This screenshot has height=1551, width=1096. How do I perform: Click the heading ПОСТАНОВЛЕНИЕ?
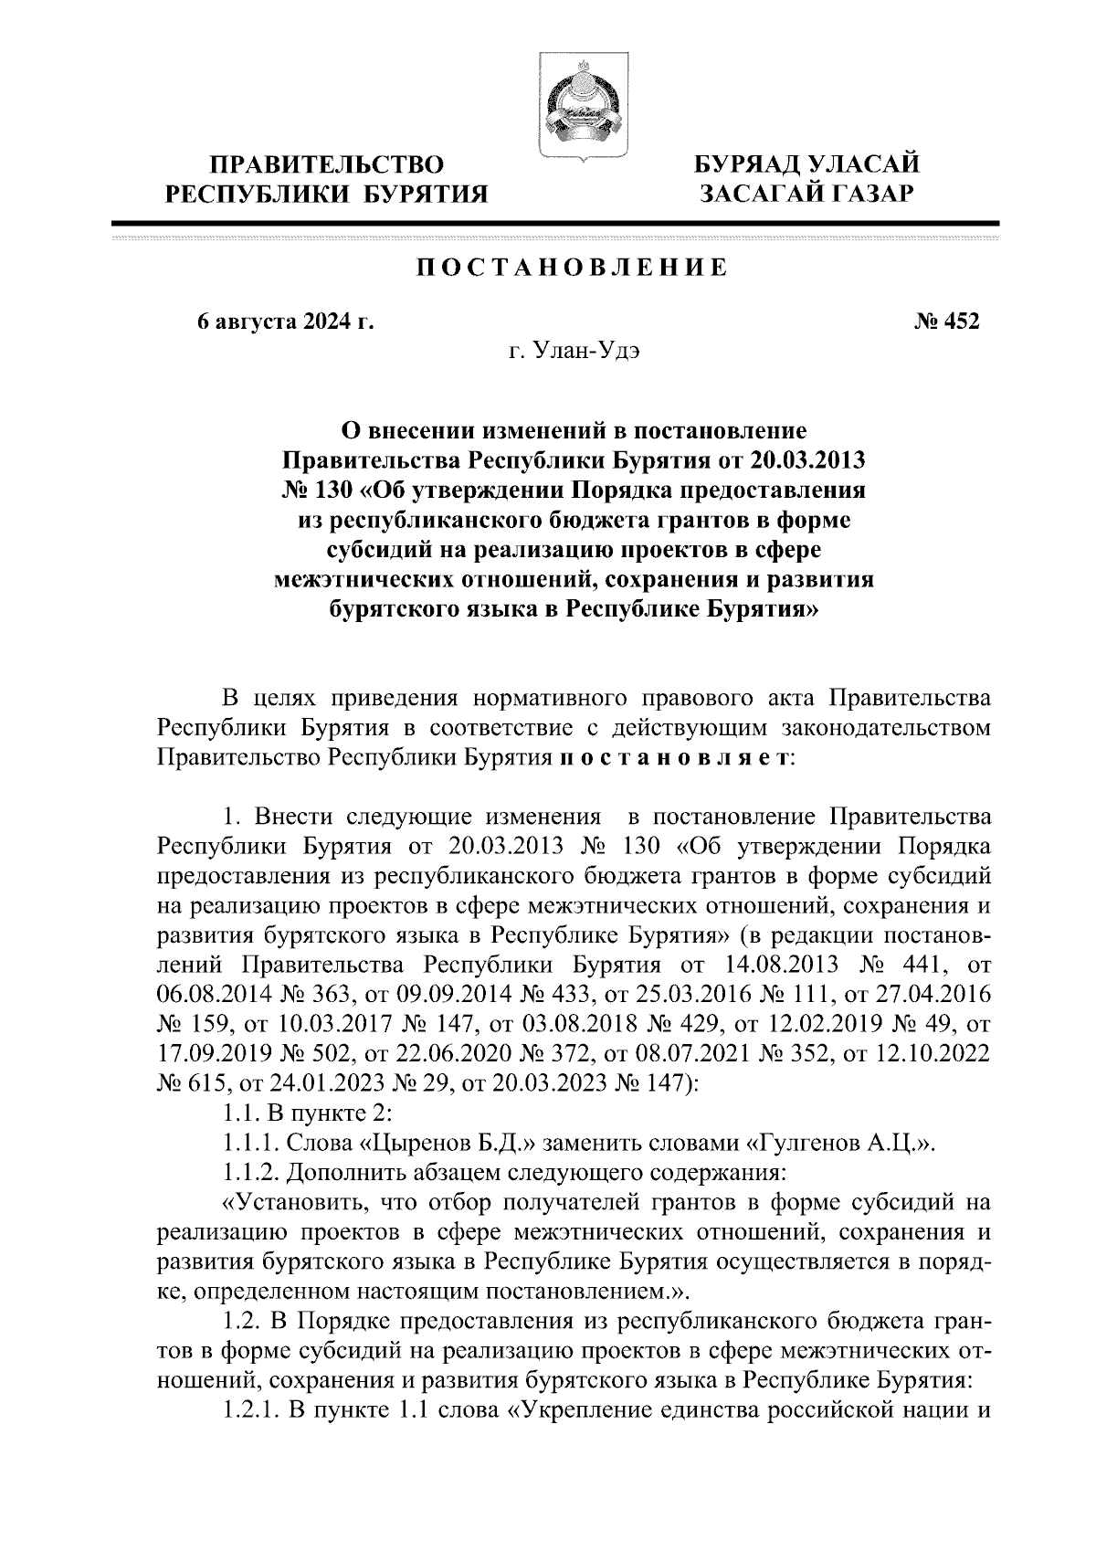pos(573,268)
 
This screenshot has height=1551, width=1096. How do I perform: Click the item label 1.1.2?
pos(251,1172)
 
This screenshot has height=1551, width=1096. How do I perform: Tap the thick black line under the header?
pos(554,223)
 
